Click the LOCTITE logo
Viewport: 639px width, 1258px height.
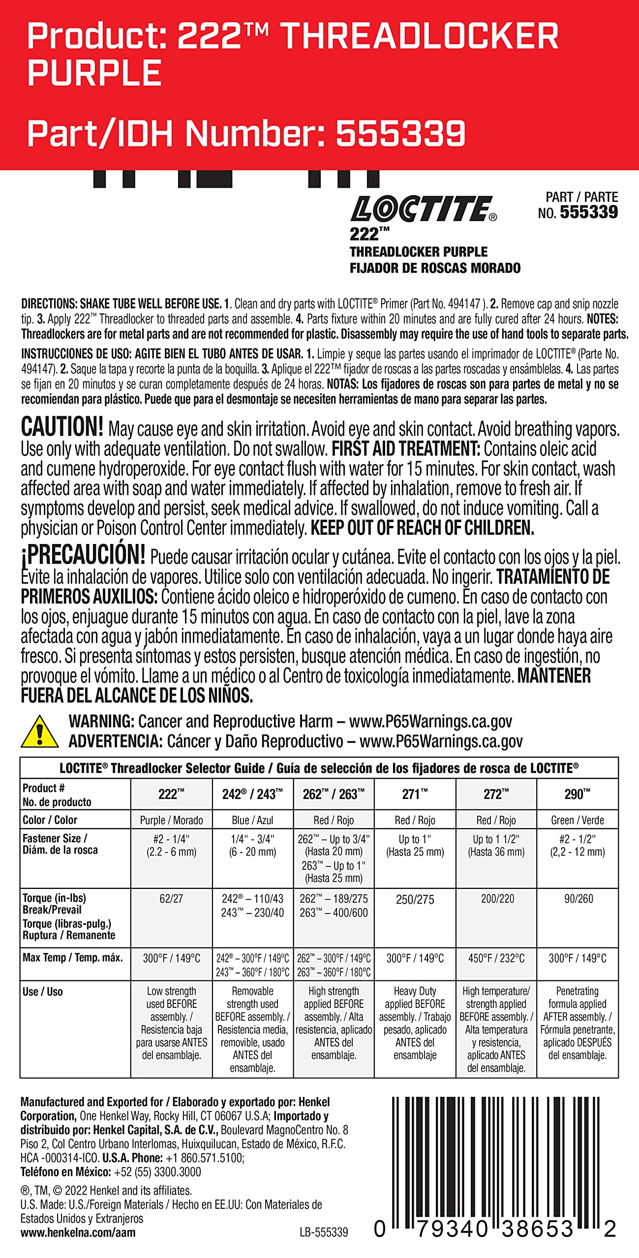(x=423, y=209)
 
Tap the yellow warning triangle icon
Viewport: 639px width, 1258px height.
(x=39, y=732)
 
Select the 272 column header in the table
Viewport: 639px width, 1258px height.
(x=496, y=794)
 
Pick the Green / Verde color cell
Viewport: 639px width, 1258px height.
(x=577, y=820)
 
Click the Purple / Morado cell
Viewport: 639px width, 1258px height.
(x=171, y=820)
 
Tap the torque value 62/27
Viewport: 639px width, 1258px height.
(x=171, y=898)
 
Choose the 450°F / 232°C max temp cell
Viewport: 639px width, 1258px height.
(x=496, y=958)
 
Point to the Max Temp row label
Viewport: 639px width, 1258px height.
(x=72, y=957)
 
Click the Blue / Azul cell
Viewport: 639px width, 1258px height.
(x=252, y=820)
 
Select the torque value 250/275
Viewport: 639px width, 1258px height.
(x=415, y=899)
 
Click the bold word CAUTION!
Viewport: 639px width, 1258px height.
(x=62, y=427)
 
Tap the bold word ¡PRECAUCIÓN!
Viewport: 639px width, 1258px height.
(x=83, y=554)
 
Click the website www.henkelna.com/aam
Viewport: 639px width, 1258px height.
(x=78, y=1232)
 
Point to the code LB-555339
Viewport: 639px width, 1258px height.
(x=324, y=1232)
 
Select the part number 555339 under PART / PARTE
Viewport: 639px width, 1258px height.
(x=588, y=212)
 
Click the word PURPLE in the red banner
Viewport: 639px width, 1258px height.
(x=94, y=73)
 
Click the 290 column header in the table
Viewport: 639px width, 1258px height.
(x=577, y=794)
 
